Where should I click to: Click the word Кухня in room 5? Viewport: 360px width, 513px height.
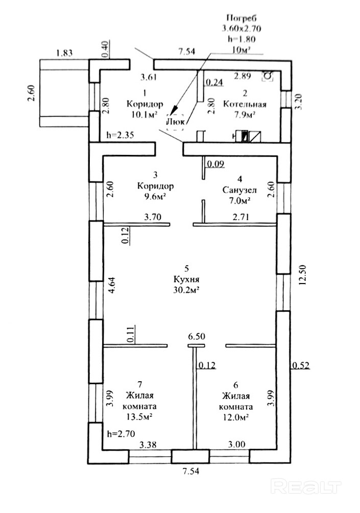point(186,279)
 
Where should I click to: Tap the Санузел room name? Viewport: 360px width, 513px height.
point(239,190)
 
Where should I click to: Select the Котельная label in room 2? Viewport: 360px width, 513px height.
point(245,104)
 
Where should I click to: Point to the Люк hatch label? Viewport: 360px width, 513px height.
point(176,122)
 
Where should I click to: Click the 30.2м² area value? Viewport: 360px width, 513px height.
point(186,290)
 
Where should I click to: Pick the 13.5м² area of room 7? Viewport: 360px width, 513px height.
point(139,417)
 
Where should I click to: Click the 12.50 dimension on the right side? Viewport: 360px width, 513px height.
point(303,275)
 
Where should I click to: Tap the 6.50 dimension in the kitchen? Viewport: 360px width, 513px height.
point(197,337)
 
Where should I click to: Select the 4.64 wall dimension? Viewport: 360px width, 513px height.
point(112,285)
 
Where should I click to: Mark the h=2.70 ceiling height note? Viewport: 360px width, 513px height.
point(121,434)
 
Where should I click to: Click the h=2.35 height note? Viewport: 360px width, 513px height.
point(121,135)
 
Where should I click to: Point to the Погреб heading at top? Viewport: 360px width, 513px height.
point(242,18)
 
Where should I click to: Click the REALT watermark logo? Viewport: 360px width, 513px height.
point(306,487)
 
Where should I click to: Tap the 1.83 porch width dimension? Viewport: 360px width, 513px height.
point(64,53)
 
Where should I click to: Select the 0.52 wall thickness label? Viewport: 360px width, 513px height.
point(300,365)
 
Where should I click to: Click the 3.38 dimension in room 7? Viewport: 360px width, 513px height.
point(148,445)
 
